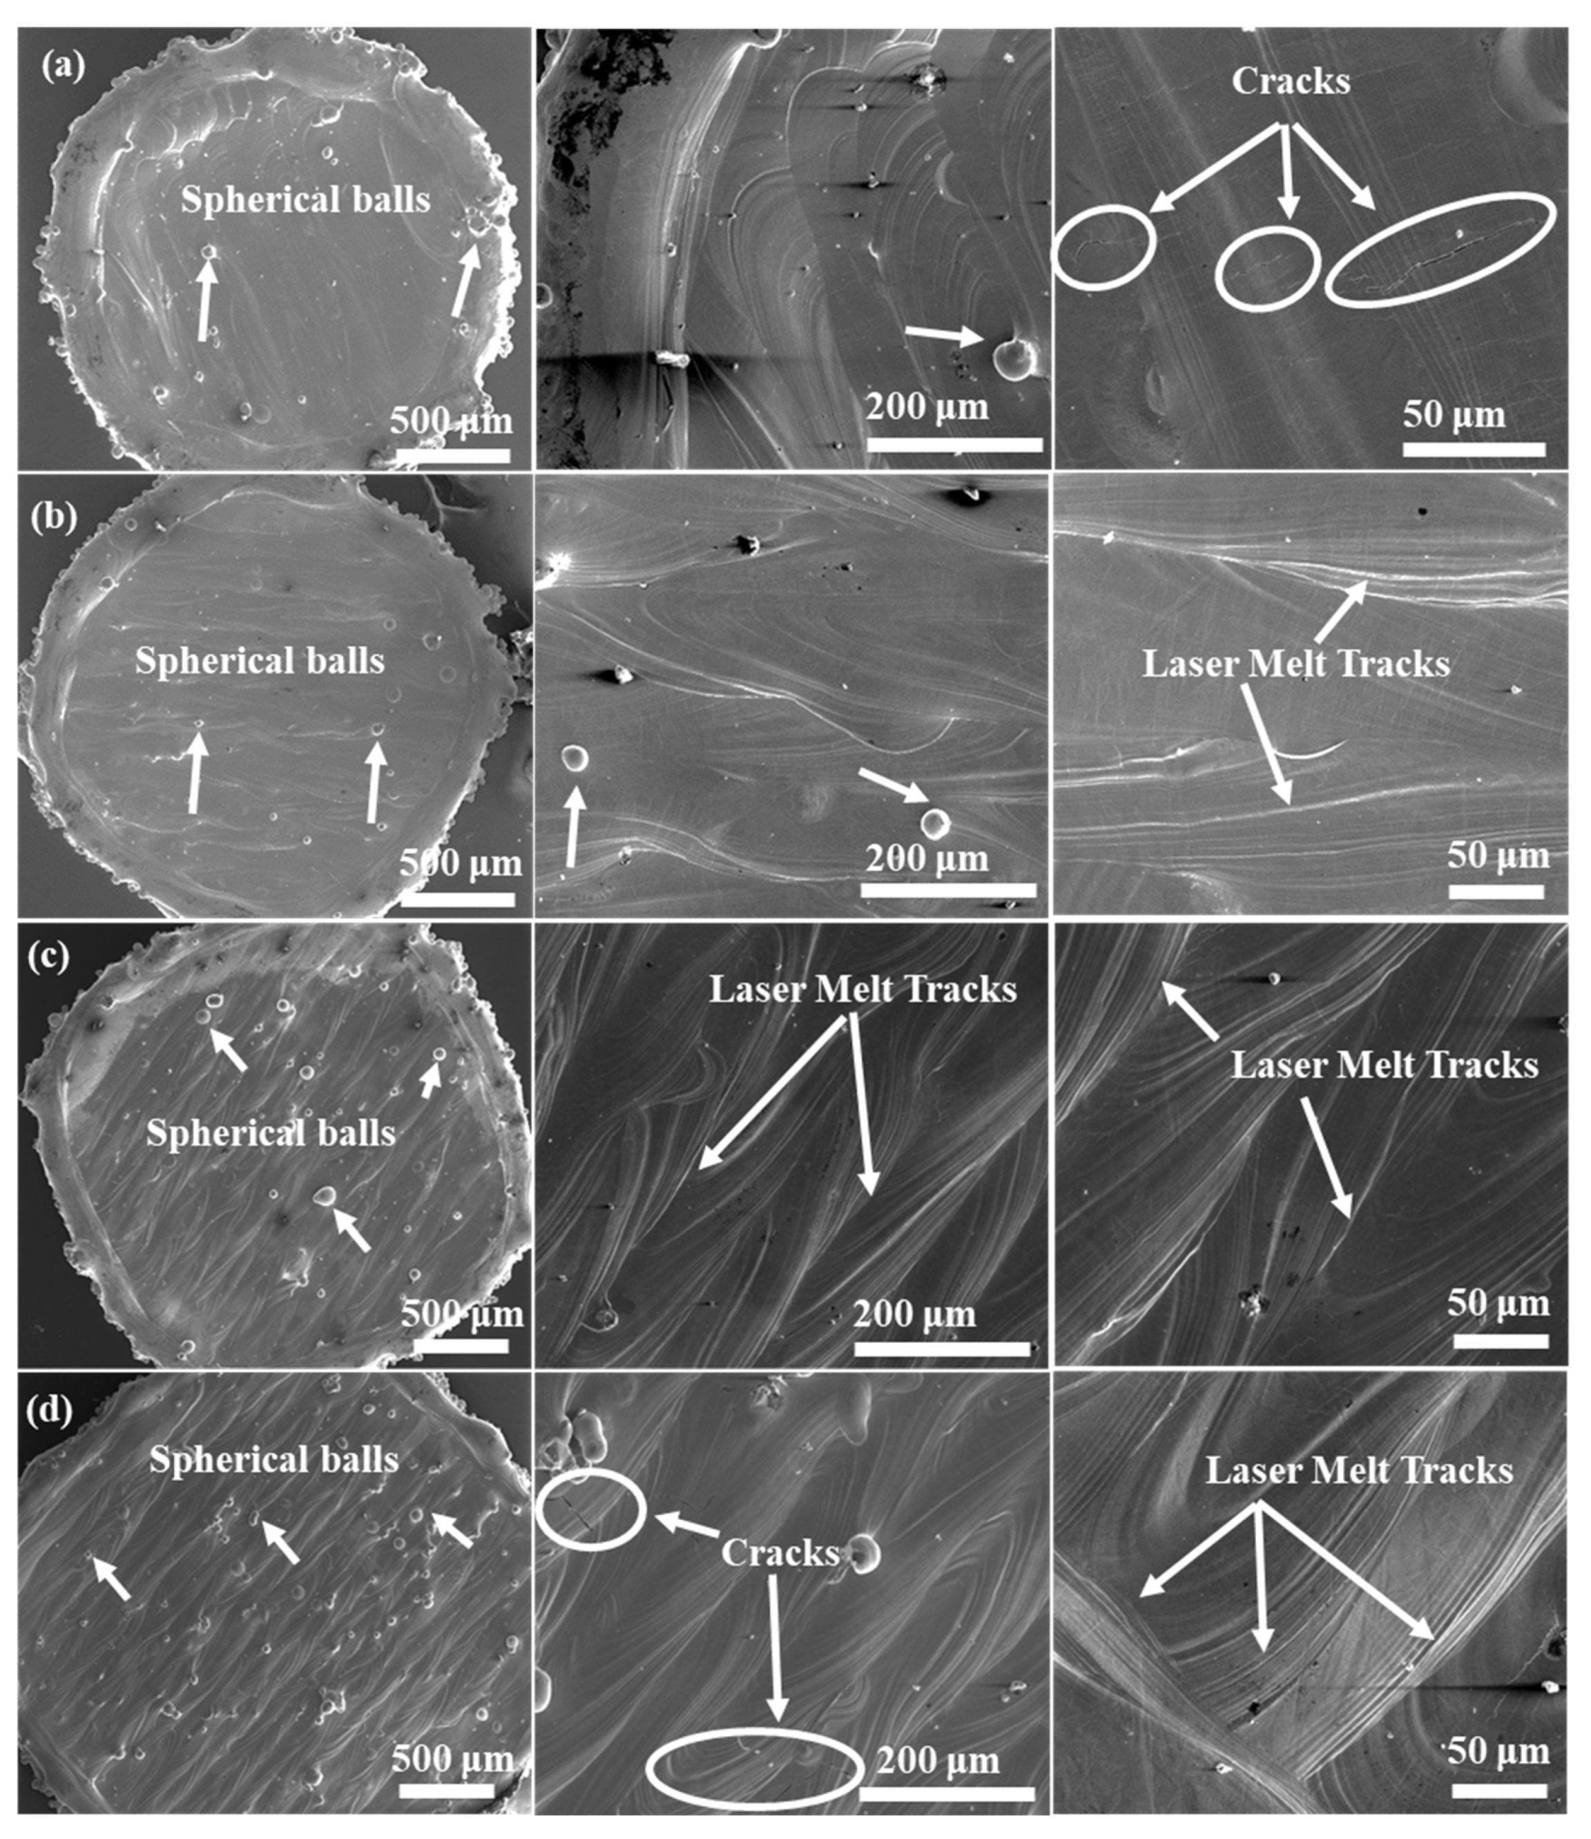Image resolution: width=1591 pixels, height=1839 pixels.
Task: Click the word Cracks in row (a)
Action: coord(1290,81)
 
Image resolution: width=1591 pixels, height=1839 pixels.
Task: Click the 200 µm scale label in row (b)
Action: coord(926,858)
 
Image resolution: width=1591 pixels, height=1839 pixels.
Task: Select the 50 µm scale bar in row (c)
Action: coord(1501,1341)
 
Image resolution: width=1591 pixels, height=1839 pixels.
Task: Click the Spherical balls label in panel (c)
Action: coord(271,1133)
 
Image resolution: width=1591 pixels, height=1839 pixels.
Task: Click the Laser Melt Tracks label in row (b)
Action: coord(1295,664)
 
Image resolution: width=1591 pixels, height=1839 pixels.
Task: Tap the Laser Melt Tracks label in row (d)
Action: coord(1358,1472)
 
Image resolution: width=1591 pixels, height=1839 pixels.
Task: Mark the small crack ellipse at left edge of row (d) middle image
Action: coord(590,1510)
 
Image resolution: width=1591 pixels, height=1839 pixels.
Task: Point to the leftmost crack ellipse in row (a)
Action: coord(1104,247)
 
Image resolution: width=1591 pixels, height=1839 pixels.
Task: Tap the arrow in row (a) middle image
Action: coord(945,335)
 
